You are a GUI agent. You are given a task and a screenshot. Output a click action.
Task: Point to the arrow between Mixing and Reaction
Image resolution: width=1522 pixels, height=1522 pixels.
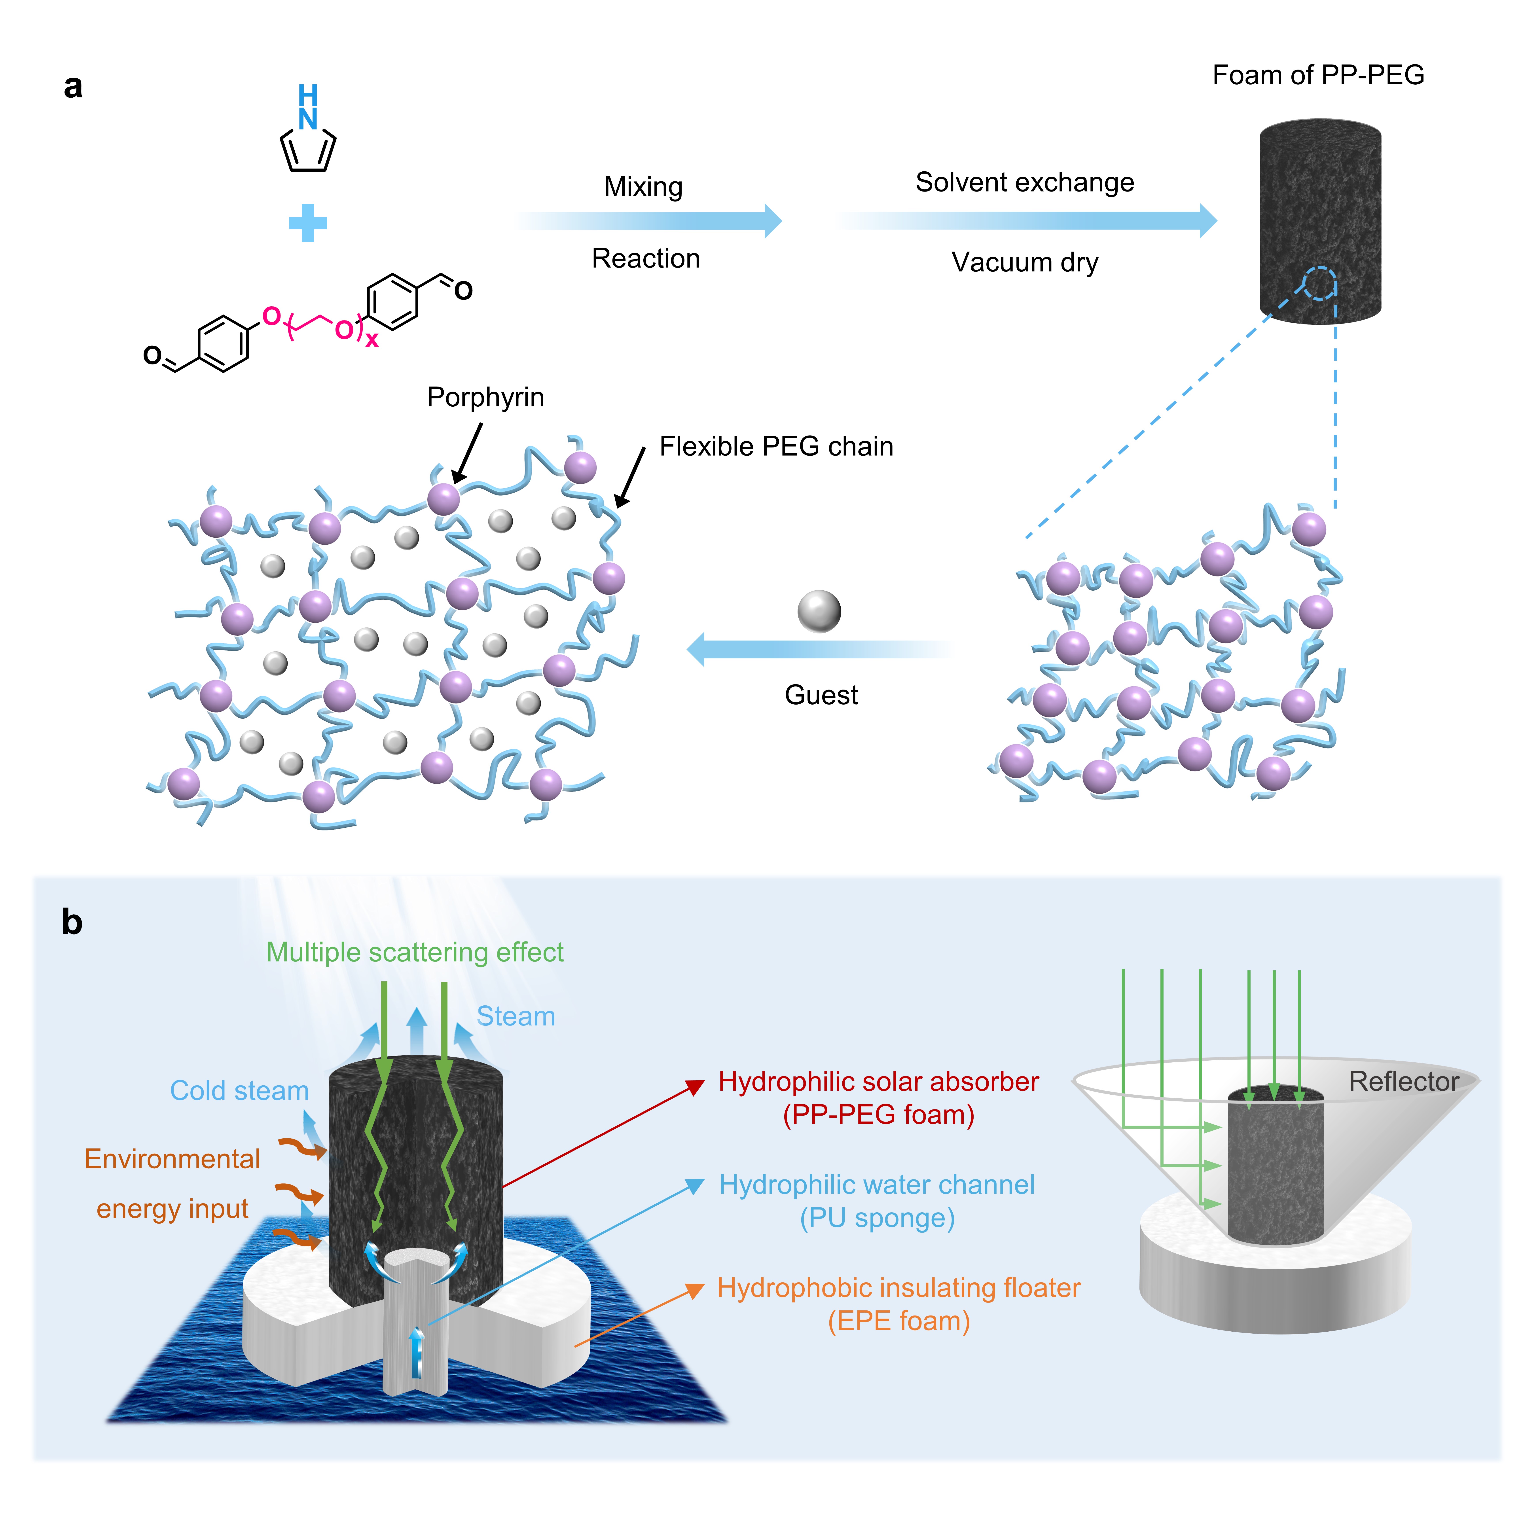[650, 221]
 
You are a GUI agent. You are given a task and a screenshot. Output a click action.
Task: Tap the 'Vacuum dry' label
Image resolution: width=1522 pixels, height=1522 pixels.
[1024, 262]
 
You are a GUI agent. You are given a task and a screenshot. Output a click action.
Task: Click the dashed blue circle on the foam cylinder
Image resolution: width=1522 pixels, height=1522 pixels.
[1319, 284]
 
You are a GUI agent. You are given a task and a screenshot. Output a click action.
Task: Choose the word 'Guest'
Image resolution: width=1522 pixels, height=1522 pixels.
[821, 695]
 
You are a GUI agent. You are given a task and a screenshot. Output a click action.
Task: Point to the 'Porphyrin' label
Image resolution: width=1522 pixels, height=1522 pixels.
[485, 397]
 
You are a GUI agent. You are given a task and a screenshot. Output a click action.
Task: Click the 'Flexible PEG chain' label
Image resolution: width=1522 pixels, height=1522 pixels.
[776, 447]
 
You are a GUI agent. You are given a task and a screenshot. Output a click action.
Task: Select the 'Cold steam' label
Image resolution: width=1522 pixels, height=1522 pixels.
[239, 1090]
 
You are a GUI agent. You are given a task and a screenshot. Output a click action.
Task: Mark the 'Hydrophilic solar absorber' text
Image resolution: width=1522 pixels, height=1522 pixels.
[878, 1082]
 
